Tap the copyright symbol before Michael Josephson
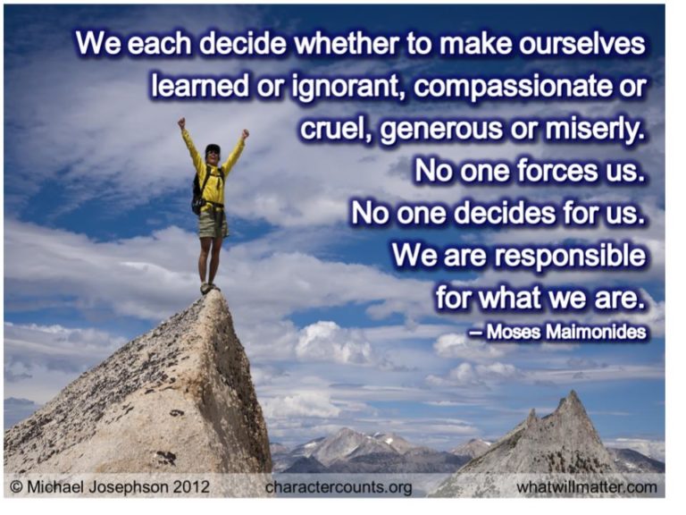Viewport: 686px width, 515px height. point(16,488)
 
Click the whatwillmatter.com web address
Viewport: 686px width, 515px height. point(586,488)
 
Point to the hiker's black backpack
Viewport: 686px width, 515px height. point(197,190)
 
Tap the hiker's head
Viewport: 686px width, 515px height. point(213,151)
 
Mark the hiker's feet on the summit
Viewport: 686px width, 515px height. point(208,288)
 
